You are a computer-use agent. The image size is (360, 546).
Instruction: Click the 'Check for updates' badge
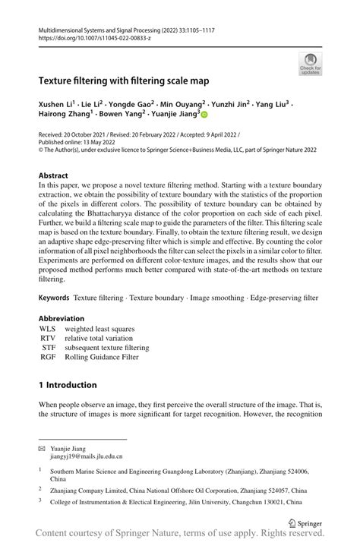(x=310, y=64)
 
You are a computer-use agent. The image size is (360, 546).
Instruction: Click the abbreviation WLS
(x=47, y=329)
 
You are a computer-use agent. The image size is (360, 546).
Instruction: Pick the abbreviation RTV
(x=47, y=338)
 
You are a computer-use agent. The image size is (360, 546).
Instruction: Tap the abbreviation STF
(x=48, y=348)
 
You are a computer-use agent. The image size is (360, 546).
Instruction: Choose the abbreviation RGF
(x=47, y=357)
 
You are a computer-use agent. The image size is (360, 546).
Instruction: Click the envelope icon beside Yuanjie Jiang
(x=43, y=449)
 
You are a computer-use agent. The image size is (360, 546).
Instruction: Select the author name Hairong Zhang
(x=68, y=114)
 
